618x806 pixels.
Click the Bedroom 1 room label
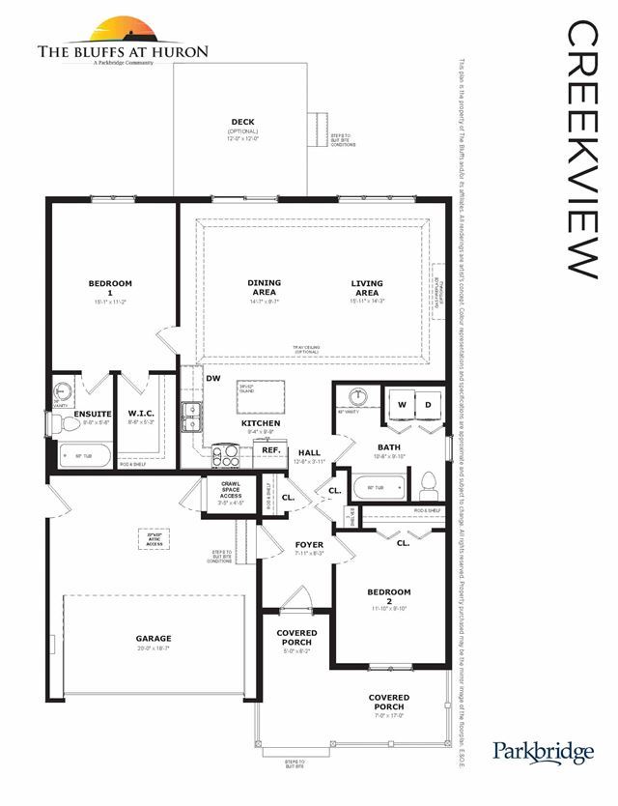click(x=110, y=288)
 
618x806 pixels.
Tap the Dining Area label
click(x=264, y=288)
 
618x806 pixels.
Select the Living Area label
click(x=367, y=288)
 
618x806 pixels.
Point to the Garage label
click(x=154, y=639)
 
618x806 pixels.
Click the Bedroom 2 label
click(x=389, y=592)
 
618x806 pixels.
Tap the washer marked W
click(x=400, y=404)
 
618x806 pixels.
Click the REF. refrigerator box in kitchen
click(x=271, y=450)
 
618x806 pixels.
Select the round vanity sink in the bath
click(x=359, y=396)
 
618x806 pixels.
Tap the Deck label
click(x=243, y=123)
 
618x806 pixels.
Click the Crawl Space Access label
click(x=231, y=489)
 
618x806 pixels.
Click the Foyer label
click(x=309, y=545)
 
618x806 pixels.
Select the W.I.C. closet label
click(x=141, y=414)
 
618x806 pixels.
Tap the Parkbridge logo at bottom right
click(x=544, y=751)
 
